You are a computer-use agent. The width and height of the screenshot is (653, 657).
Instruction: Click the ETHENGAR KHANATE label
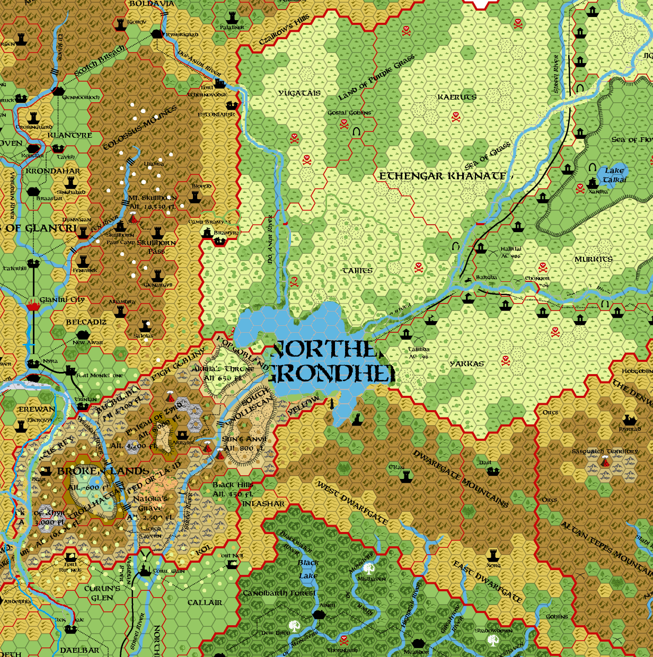click(x=443, y=176)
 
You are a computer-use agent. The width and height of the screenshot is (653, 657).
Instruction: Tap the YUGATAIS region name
click(x=299, y=93)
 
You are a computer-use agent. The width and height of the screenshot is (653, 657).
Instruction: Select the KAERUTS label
click(x=457, y=97)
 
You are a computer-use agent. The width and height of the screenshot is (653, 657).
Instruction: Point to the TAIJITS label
click(x=357, y=271)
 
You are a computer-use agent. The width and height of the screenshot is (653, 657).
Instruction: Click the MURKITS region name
click(x=594, y=259)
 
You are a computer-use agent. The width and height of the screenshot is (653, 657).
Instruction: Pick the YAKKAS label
click(x=467, y=363)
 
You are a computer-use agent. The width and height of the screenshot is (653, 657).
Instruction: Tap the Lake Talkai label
click(x=614, y=175)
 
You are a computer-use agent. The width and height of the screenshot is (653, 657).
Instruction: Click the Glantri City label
click(x=63, y=300)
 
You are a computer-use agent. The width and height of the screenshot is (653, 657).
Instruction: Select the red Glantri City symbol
click(x=33, y=306)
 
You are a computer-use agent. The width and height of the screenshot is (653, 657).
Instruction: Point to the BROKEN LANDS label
click(x=103, y=471)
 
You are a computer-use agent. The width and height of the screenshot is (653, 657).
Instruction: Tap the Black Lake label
click(x=308, y=569)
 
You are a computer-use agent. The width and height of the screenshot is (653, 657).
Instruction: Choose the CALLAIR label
click(x=205, y=602)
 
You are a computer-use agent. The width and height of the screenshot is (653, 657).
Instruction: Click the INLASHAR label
click(x=263, y=503)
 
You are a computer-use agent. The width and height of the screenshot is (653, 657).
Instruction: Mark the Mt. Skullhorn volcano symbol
click(x=133, y=218)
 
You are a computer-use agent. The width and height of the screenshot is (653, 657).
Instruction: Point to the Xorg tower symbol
click(x=493, y=555)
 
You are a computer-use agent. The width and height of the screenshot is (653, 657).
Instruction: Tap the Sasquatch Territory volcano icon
click(x=605, y=463)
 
